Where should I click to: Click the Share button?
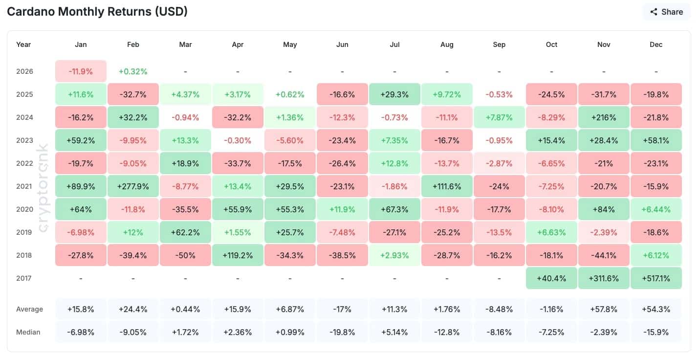click(x=666, y=12)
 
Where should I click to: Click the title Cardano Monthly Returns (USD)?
click(x=97, y=12)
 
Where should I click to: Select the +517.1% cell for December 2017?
click(x=656, y=278)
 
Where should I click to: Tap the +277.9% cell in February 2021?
click(x=133, y=186)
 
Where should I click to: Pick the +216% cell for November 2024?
click(x=604, y=117)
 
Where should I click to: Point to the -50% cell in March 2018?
click(x=185, y=255)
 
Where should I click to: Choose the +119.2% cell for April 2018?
click(x=238, y=255)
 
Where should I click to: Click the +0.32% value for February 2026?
click(x=133, y=71)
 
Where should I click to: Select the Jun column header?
click(x=342, y=45)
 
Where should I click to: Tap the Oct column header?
click(x=551, y=45)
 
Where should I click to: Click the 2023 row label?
click(x=24, y=140)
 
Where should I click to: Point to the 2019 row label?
click(x=24, y=232)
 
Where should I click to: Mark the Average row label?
click(x=29, y=309)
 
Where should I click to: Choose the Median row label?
click(x=28, y=332)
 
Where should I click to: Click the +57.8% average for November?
click(x=604, y=309)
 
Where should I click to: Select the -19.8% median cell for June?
click(x=342, y=332)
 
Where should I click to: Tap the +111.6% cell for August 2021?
click(x=447, y=186)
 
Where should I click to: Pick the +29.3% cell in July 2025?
click(x=394, y=94)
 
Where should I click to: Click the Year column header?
click(x=23, y=45)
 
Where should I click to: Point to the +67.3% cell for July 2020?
click(x=394, y=209)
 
